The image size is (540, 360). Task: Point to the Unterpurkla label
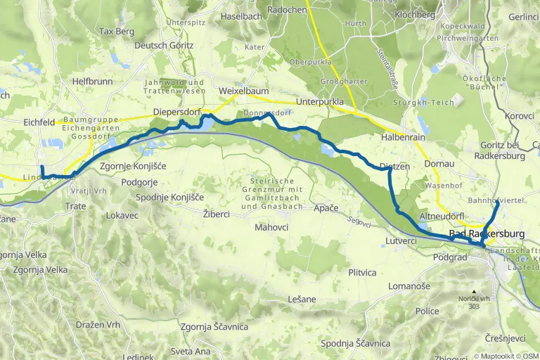(320, 102)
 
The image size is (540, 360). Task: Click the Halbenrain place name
(404, 138)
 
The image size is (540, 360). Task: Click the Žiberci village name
(217, 212)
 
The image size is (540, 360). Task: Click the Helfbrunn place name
(92, 82)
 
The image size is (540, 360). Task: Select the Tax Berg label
(116, 32)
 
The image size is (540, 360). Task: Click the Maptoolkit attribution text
(501, 355)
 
